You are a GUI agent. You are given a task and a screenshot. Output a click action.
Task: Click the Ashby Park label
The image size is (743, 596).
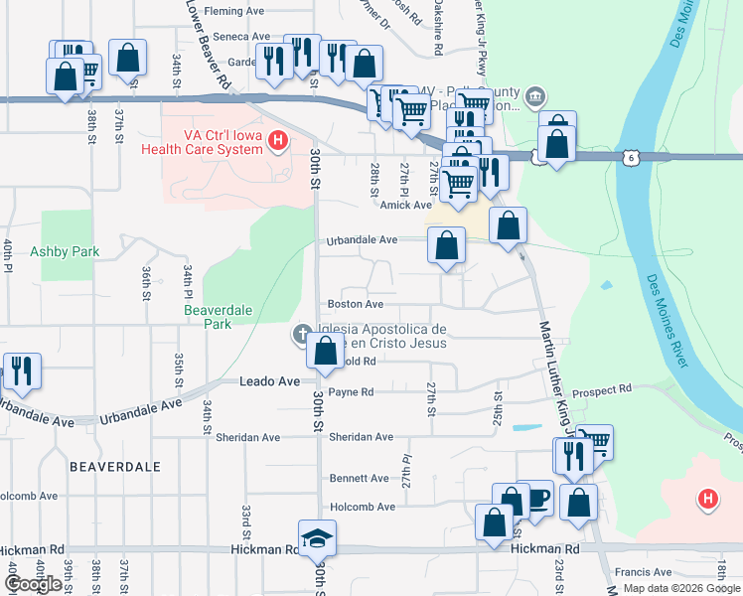65,251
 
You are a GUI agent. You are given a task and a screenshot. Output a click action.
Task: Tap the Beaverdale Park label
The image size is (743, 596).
208,317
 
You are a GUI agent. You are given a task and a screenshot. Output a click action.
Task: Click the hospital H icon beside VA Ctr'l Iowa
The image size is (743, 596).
278,142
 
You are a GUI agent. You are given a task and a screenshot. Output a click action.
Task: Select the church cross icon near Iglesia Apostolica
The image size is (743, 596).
302,334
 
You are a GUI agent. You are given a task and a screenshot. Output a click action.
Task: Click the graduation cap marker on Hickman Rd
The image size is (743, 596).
318,538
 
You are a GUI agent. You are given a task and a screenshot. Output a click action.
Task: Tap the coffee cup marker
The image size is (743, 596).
536,499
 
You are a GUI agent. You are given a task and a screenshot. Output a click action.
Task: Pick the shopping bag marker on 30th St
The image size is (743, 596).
325,351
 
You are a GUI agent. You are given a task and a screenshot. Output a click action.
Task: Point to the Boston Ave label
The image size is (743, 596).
356,304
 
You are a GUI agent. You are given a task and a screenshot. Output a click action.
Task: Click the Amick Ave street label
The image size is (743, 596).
405,205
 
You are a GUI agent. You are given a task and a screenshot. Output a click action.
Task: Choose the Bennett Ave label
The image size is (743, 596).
359,478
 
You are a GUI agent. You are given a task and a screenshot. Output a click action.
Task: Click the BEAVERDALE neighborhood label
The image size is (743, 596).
109,465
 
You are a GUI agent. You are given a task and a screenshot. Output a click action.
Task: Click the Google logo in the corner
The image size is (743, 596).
34,584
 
